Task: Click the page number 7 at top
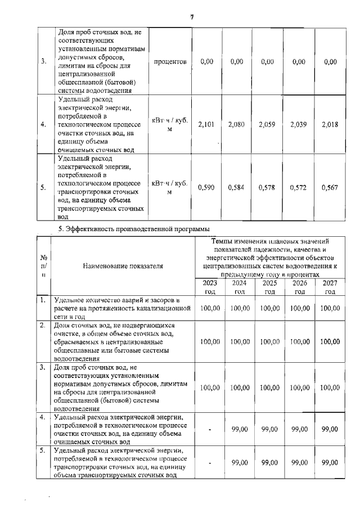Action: pyautogui.click(x=192, y=17)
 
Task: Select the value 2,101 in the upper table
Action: pyautogui.click(x=206, y=124)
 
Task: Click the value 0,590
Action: pyautogui.click(x=206, y=188)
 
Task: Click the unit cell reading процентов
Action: pyautogui.click(x=170, y=61)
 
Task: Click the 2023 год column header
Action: pyautogui.click(x=209, y=287)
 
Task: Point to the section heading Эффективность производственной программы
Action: pyautogui.click(x=134, y=228)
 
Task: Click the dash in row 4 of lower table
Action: pyautogui.click(x=209, y=430)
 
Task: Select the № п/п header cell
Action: pyautogui.click(x=43, y=265)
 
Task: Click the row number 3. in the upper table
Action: pyautogui.click(x=43, y=61)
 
